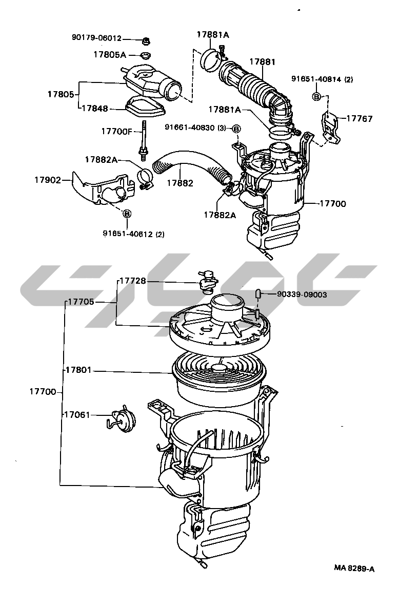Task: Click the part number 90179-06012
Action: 96,38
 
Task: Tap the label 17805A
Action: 110,55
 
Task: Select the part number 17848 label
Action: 94,109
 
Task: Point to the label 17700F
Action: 117,131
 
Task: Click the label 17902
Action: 48,180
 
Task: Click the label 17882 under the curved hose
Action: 180,183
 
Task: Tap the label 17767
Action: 360,118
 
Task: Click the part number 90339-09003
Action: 302,294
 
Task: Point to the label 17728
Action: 133,281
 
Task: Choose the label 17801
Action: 78,370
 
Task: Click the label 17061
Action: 77,415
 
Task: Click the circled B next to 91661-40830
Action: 236,129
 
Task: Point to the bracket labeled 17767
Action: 331,128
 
